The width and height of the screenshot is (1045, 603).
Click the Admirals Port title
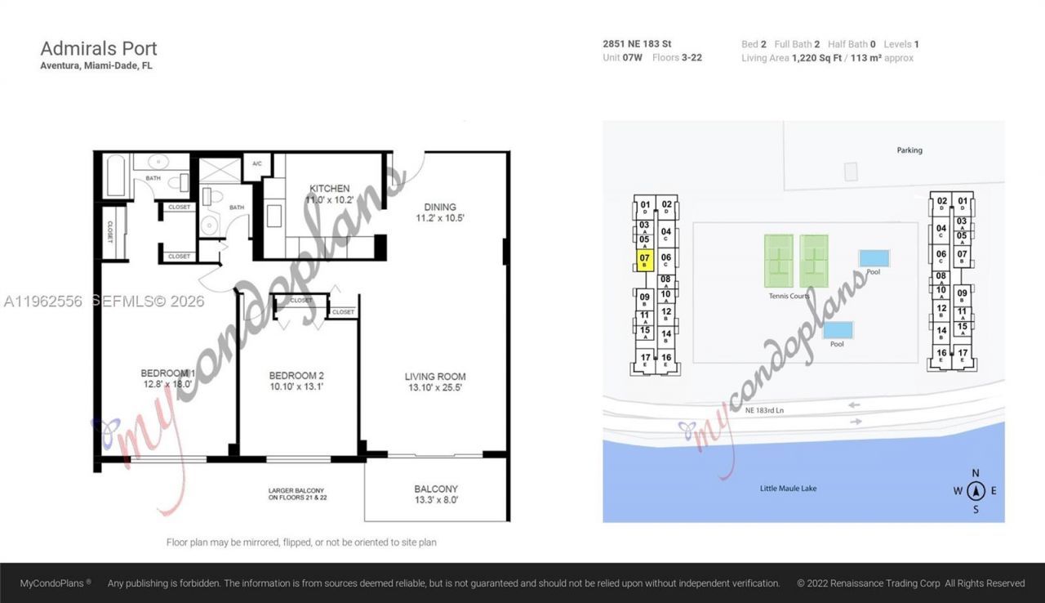pyautogui.click(x=99, y=48)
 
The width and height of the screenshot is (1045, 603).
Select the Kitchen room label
pyautogui.click(x=329, y=188)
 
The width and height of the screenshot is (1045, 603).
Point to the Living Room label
pyautogui.click(x=435, y=377)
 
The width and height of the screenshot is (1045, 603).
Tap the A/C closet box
pyautogui.click(x=257, y=163)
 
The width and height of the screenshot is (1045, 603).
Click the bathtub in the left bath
pyautogui.click(x=116, y=175)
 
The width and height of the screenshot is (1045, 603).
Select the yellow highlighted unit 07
pyautogui.click(x=644, y=261)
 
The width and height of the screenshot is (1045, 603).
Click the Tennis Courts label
pyautogui.click(x=789, y=296)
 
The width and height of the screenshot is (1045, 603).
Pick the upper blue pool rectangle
pyautogui.click(x=874, y=259)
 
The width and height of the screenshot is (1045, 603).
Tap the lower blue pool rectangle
pyautogui.click(x=838, y=330)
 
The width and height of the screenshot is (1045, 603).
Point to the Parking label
pyautogui.click(x=909, y=150)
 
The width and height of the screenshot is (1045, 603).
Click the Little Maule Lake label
pyautogui.click(x=788, y=489)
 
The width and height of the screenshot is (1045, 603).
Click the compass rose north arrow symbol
pyautogui.click(x=976, y=491)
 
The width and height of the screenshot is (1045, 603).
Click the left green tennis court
pyautogui.click(x=778, y=261)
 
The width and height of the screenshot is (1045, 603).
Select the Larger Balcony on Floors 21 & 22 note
pyautogui.click(x=303, y=494)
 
